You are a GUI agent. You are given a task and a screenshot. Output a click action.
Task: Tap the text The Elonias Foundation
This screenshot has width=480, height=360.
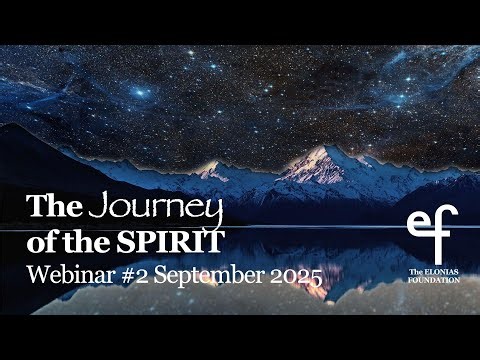click(433, 276)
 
